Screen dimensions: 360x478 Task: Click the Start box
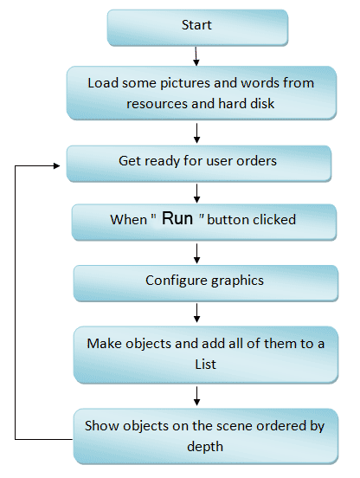197,28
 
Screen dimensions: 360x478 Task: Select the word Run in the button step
177,218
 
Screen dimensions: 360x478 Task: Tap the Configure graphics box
206,283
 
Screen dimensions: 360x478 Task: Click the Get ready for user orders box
199,164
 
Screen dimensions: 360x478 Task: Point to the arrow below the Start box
196,56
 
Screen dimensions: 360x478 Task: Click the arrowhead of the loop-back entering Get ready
57,165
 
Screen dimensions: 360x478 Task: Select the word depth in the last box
205,447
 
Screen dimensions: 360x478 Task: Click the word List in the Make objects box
206,365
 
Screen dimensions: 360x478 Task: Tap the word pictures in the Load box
185,83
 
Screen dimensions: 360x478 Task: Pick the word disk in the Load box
262,104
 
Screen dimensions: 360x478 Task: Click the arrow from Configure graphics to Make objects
196,313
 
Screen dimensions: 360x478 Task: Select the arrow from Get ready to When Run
196,193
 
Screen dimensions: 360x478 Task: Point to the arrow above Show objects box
196,396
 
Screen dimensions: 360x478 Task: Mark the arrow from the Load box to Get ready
196,132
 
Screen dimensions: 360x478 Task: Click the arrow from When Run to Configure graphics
196,254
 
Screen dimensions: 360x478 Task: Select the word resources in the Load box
157,104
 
